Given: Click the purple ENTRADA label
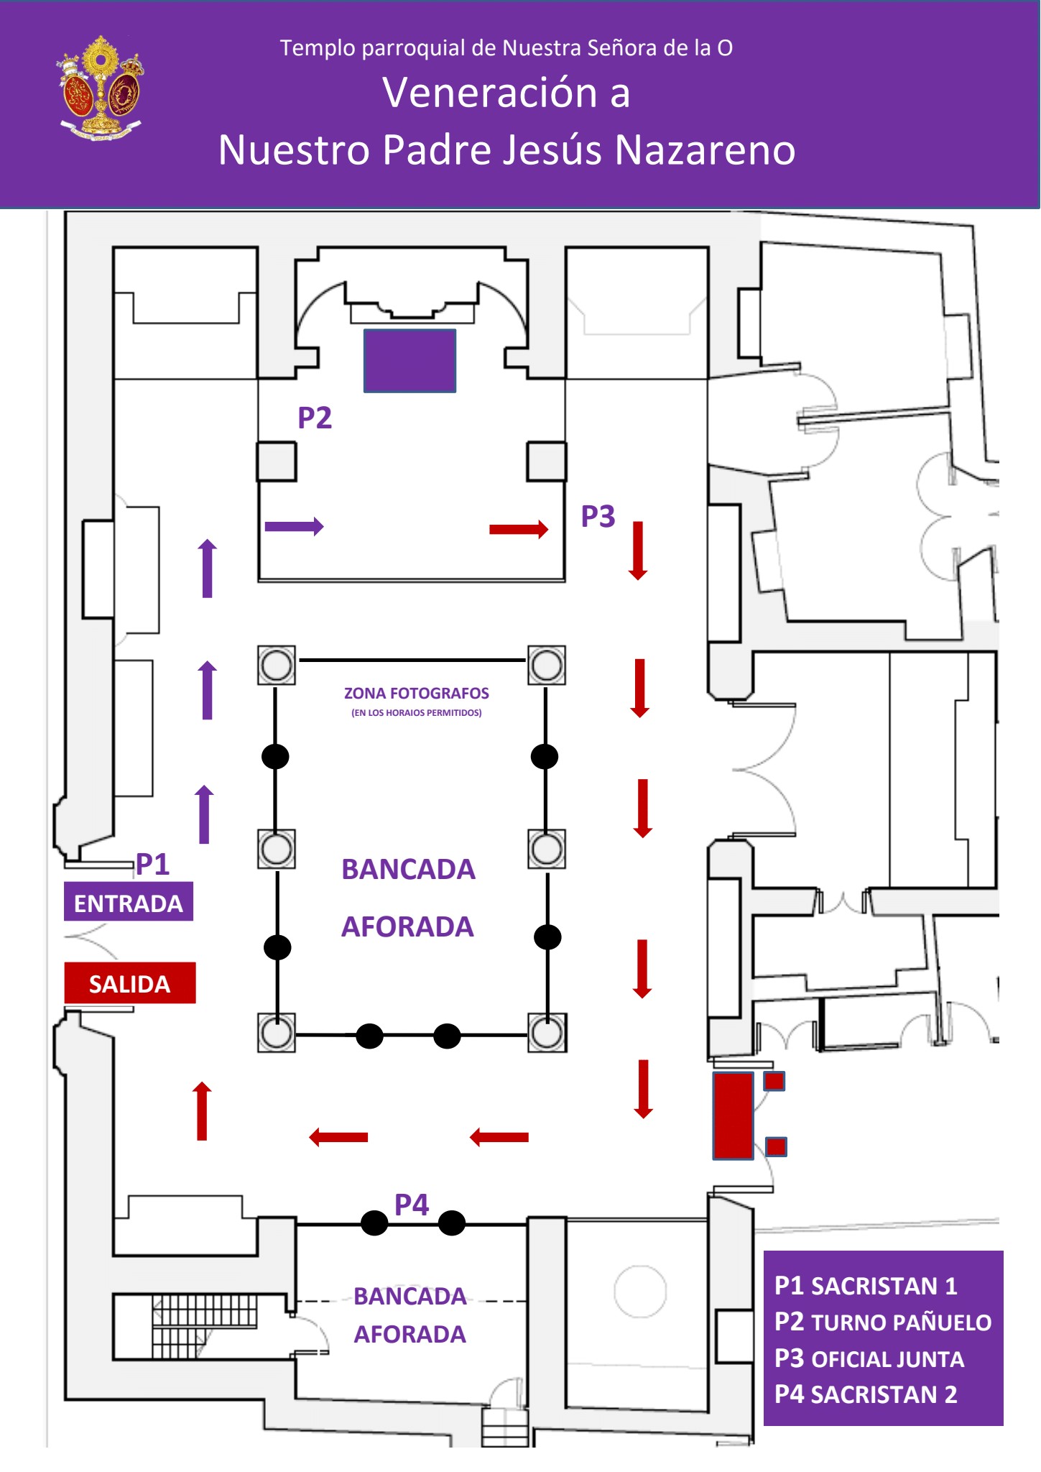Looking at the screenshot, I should coord(129,902).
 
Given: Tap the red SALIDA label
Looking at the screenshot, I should coord(130,983).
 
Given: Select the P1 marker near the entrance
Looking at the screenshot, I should coord(152,864).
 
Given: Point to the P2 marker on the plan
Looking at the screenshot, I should coord(315,418).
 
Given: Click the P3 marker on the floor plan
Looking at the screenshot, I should coord(598,516).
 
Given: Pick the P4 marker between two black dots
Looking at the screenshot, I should coord(412,1205).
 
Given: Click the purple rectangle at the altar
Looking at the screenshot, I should coord(410,361).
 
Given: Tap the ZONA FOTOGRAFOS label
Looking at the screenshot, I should coord(417,694).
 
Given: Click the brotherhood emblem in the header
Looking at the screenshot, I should coord(100,88).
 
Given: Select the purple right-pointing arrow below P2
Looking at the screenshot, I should coord(294,526).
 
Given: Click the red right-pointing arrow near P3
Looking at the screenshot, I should coord(519,530).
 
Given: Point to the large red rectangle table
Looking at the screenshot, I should coord(733,1115).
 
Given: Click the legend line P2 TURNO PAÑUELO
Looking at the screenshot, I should coord(882,1322).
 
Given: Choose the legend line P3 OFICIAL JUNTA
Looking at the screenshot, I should coord(869,1359).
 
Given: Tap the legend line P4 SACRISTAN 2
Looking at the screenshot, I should coord(866,1395).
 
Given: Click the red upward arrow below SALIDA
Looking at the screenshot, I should coord(203,1111).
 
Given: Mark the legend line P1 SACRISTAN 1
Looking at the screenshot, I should coord(866,1286).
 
